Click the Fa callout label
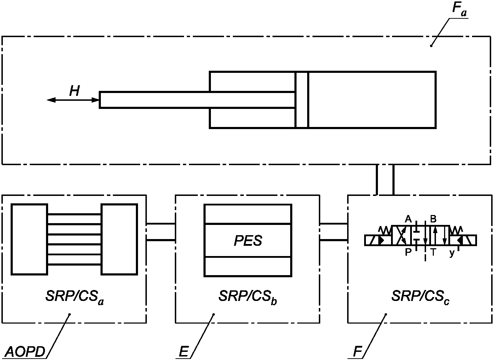pos(459,10)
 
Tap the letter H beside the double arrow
pos(74,91)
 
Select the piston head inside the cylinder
pos(302,100)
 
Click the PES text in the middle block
pos(248,241)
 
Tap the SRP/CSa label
pos(75,296)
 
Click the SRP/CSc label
pos(420,296)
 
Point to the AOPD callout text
pos(25,352)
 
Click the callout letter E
pos(183,352)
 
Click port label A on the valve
pos(408,219)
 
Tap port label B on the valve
pos(433,219)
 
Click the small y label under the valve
pos(452,253)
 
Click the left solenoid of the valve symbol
pos(378,240)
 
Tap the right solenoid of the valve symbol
pos(463,240)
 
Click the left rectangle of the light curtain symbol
pos(29,239)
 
